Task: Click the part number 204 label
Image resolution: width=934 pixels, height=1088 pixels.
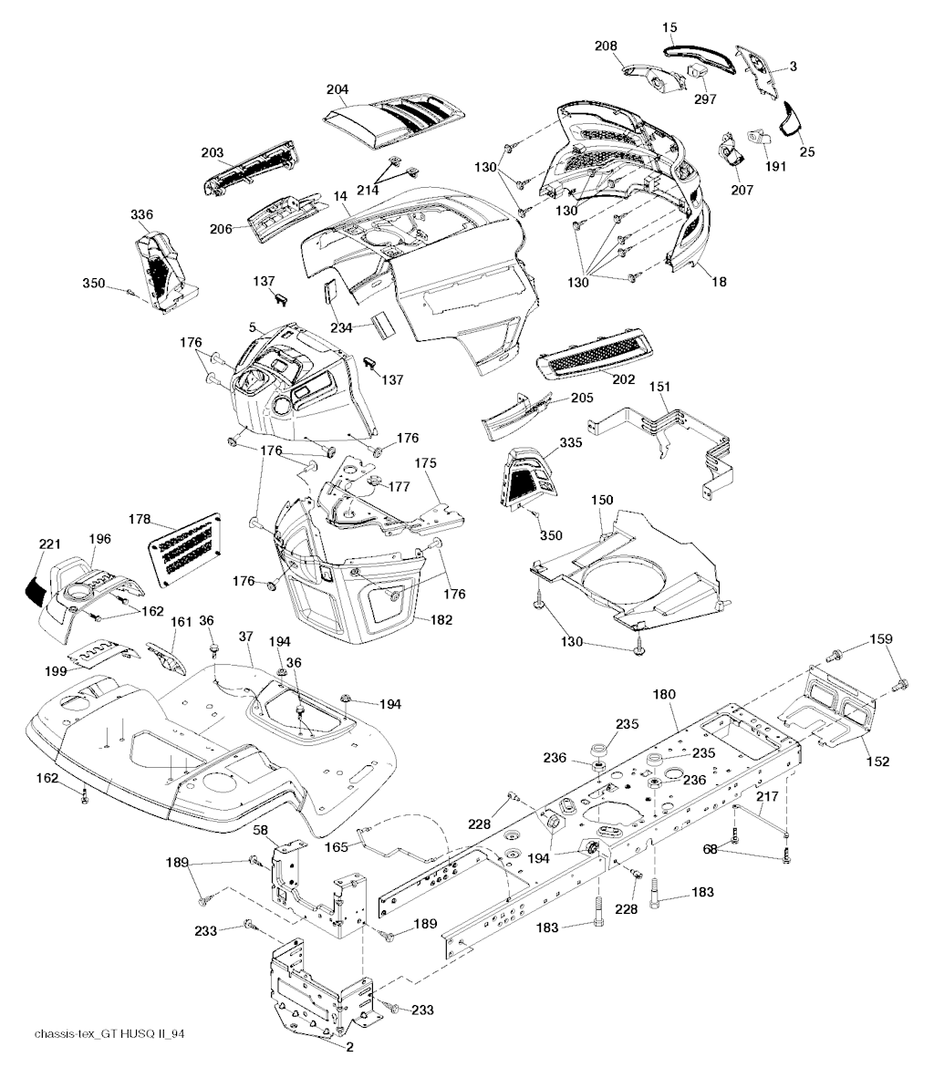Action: coord(337,89)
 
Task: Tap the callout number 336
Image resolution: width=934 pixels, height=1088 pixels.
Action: coord(141,214)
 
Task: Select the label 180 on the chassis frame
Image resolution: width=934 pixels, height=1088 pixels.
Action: coord(664,695)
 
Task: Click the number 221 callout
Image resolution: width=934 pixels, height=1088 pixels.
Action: coord(49,544)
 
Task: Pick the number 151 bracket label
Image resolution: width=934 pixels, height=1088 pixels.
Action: coord(659,388)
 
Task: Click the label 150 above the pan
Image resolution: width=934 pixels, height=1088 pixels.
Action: coord(602,501)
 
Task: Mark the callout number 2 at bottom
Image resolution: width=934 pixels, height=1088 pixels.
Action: coord(350,1047)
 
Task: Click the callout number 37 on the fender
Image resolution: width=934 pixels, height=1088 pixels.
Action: coord(245,635)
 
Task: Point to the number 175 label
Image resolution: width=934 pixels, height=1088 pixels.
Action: coord(426,463)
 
